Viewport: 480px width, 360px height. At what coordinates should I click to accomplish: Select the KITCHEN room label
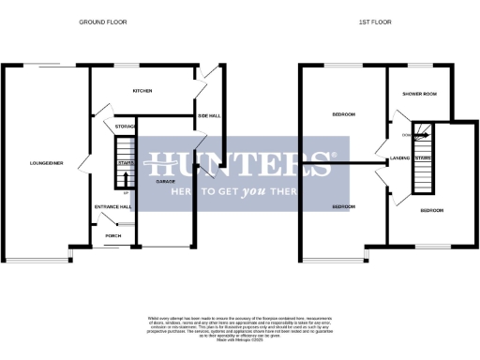142,91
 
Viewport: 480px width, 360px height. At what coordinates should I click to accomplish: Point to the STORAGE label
125,126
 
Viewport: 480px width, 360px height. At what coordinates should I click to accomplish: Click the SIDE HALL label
208,115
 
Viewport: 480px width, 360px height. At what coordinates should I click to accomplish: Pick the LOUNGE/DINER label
46,163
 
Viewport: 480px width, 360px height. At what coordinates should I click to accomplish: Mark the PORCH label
113,235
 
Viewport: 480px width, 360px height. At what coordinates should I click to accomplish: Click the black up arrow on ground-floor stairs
125,178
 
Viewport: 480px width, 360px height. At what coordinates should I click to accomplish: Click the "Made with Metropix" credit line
239,339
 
